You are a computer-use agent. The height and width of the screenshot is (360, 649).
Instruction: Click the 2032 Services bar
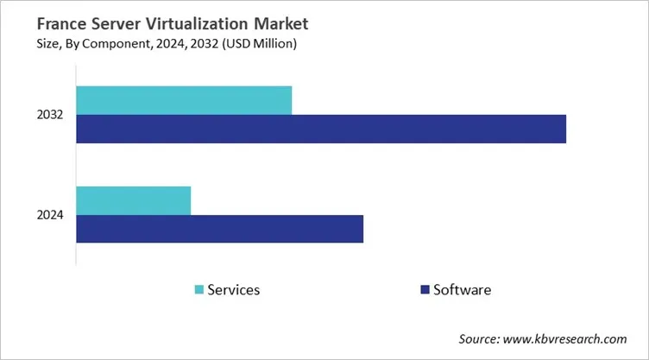(x=184, y=100)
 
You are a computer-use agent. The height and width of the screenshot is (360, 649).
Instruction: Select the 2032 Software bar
(x=321, y=129)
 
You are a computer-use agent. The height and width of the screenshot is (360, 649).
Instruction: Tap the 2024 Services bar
(x=134, y=200)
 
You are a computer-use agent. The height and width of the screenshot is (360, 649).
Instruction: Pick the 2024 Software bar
(x=220, y=229)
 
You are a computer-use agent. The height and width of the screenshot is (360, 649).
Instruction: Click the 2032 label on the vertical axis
(x=50, y=115)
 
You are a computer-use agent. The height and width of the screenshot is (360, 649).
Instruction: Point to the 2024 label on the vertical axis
(x=50, y=215)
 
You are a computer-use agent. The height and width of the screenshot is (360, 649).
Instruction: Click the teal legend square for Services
(x=200, y=290)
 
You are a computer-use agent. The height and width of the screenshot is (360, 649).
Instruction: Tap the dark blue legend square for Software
(x=424, y=290)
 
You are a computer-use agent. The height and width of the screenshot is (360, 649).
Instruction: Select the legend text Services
(x=234, y=290)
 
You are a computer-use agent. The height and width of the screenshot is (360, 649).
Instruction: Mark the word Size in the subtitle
(x=23, y=45)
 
